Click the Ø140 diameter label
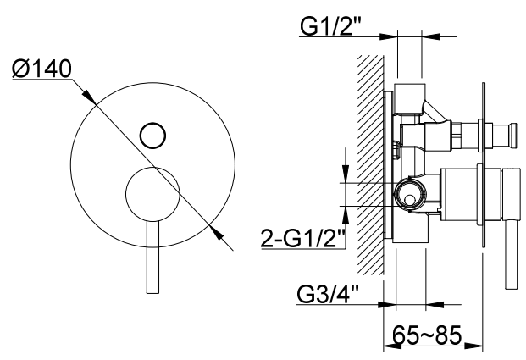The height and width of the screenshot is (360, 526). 42,68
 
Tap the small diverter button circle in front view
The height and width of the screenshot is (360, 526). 152,136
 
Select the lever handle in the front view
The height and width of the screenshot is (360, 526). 152,257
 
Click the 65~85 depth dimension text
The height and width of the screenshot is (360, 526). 427,335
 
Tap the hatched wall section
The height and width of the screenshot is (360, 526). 371,164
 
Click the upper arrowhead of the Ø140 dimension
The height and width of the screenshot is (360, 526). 90,97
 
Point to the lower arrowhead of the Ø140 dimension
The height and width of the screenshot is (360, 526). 216,232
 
